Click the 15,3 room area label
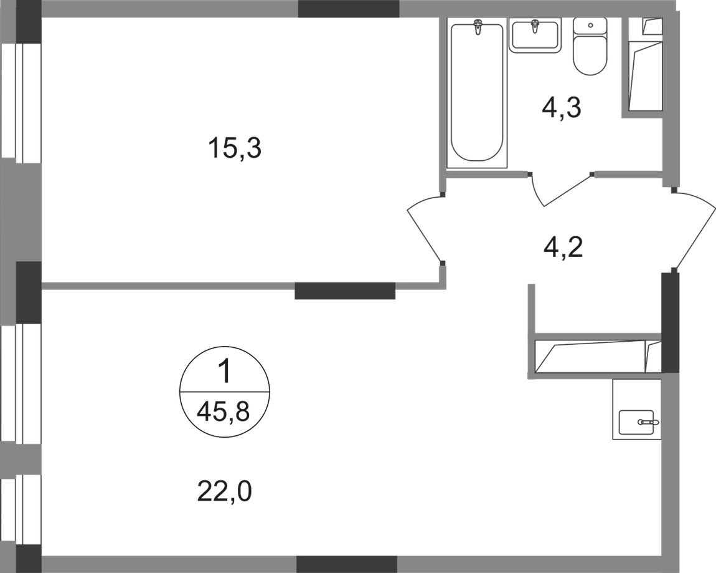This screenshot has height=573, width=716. point(234,148)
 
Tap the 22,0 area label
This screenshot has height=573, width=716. point(225,492)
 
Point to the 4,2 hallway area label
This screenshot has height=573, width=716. point(563,248)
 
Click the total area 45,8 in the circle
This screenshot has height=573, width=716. point(224,413)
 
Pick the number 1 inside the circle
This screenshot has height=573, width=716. point(225,372)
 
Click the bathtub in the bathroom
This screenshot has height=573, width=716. point(477,92)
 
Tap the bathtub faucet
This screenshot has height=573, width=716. point(478,27)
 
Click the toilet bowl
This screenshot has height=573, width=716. point(590,55)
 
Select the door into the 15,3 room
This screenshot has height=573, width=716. point(425,229)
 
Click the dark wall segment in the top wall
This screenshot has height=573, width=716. point(349,9)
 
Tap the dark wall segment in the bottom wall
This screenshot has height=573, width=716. point(347,564)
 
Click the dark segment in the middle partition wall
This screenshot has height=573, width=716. point(345,291)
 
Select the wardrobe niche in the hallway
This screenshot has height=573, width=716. point(598,356)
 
